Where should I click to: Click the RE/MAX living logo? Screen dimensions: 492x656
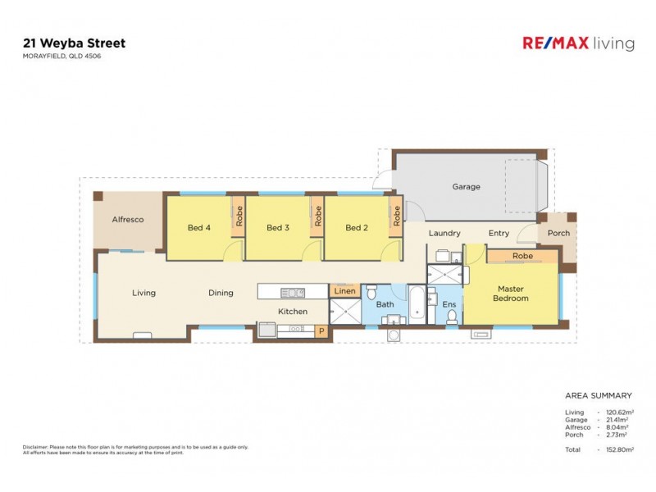coord(578,43)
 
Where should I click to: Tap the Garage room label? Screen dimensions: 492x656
coord(466,187)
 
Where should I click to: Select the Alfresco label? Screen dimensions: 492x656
coord(128,220)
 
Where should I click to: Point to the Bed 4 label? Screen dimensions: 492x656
coord(199,228)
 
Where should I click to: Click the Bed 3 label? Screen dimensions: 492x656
coord(278,228)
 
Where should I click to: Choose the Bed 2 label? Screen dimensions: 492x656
coord(356,228)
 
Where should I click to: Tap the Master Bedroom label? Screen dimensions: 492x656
coord(510,294)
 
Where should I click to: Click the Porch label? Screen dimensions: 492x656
coord(558,234)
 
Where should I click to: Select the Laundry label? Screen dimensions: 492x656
coord(444,234)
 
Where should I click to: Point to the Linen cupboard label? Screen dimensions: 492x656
coord(344,291)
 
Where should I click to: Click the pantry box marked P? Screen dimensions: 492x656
coord(321,331)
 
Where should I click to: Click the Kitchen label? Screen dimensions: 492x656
coord(293,312)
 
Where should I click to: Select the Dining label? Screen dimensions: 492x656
coord(221,293)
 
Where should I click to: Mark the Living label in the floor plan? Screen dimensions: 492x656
coord(144,293)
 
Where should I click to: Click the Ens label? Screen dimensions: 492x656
coord(449,305)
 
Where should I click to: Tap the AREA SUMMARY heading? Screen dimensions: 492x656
coord(599,395)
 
